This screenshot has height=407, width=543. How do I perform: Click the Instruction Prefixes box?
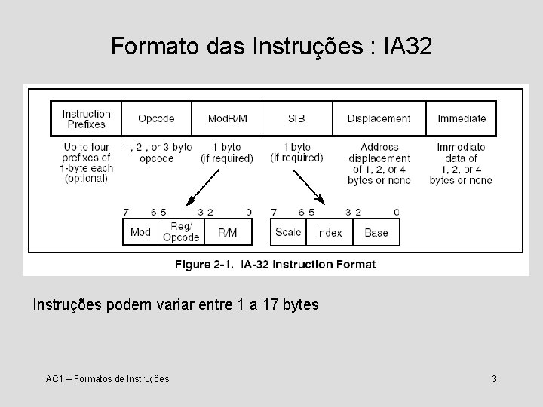tap(86, 118)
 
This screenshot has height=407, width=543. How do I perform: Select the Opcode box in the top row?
tap(156, 118)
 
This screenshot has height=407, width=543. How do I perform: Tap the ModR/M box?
tap(227, 118)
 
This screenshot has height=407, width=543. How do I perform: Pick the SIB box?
tap(296, 118)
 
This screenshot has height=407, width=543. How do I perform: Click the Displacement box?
tap(379, 118)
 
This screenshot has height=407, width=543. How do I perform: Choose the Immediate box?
tap(462, 118)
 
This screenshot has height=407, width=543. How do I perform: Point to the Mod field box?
tap(140, 232)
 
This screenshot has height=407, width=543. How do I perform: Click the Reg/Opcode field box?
tap(181, 232)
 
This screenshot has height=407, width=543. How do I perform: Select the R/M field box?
tap(227, 232)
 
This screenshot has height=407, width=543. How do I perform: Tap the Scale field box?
tap(288, 232)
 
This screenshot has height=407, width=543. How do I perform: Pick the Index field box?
tap(330, 232)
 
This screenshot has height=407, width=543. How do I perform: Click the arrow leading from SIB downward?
tap(308, 187)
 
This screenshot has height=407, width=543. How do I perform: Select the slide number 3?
tap(494, 378)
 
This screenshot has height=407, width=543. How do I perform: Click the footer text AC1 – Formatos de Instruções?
tap(107, 378)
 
